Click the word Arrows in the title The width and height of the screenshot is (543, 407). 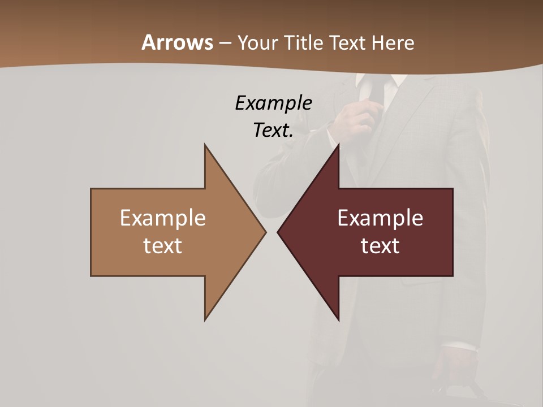coord(177,42)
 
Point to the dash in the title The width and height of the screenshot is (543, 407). coord(225,44)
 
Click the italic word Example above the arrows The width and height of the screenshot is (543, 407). coord(273,103)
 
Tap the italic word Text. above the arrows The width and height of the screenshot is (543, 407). coord(273,130)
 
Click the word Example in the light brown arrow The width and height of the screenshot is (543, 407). coord(163,218)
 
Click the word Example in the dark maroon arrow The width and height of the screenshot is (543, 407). coord(380,218)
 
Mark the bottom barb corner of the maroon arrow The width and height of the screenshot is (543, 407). coord(338,319)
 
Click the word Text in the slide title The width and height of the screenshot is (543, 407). coord(349,42)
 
